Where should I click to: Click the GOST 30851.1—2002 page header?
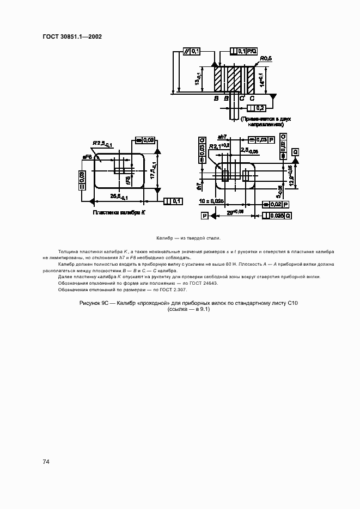tap(72, 37)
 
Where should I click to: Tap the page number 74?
tap(46, 462)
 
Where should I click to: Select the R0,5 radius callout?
tap(266, 58)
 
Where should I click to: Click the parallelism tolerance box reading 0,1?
tap(192, 51)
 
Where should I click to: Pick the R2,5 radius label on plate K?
tap(102, 144)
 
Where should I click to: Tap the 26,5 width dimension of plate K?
tap(119, 195)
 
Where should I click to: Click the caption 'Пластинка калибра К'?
tap(119, 213)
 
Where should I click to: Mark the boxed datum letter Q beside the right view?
tap(295, 151)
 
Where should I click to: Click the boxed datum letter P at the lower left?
tap(205, 216)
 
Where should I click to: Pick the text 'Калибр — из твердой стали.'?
tap(188, 238)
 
